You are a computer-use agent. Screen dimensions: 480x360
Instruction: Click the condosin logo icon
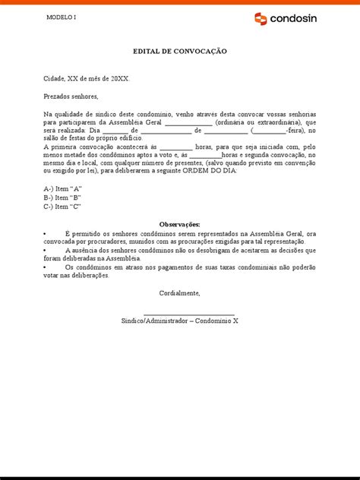261,18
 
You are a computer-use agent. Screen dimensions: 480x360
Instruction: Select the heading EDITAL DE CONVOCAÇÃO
179,51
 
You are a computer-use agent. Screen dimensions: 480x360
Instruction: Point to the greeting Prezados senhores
71,97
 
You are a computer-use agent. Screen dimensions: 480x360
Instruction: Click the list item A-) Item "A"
63,188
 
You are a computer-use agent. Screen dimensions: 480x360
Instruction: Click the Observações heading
179,225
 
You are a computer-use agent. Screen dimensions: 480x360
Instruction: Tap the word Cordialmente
179,292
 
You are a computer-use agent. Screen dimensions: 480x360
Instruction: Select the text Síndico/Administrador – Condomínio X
179,321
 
